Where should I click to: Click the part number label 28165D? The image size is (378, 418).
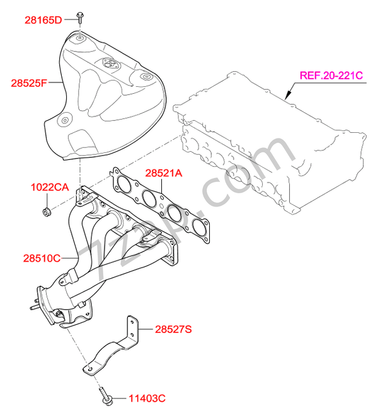pyautogui.click(x=43, y=20)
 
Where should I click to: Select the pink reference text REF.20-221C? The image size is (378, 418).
pyautogui.click(x=331, y=76)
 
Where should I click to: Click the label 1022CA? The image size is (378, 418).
pyautogui.click(x=49, y=187)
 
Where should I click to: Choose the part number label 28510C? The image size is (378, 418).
pyautogui.click(x=42, y=257)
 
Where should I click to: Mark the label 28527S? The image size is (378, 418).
pyautogui.click(x=173, y=329)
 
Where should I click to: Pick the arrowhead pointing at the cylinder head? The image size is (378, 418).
pyautogui.click(x=287, y=98)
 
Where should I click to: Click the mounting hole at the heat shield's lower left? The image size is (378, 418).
pyautogui.click(x=64, y=120)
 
